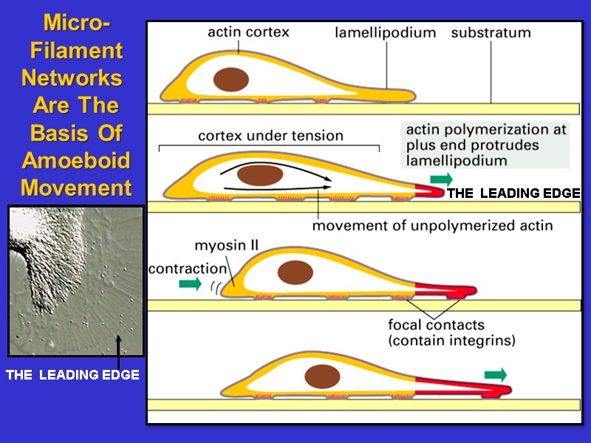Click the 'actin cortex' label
247,32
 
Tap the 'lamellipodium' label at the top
385,33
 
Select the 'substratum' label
491,33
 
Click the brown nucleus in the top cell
230,80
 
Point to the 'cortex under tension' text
270,136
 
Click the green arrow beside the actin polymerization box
441,179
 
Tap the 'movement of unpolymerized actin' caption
432,226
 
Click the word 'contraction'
188,269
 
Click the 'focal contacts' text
436,325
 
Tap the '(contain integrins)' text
451,341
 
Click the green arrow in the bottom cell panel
496,374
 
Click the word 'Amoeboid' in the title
76,160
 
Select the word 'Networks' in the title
72,78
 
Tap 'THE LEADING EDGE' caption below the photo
72,375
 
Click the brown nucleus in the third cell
295,273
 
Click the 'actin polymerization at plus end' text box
486,145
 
